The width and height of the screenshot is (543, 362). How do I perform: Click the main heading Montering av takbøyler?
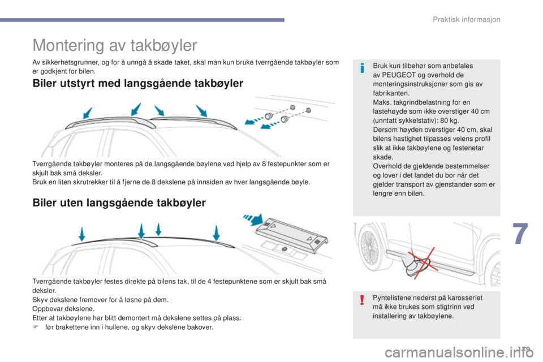(115, 45)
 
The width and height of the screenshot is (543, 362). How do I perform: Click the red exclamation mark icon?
(362, 300)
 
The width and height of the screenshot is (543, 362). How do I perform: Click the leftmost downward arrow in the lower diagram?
(81, 234)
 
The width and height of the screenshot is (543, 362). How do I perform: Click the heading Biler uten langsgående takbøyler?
(119, 202)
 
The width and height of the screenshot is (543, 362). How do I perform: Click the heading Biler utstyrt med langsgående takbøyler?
(139, 84)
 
